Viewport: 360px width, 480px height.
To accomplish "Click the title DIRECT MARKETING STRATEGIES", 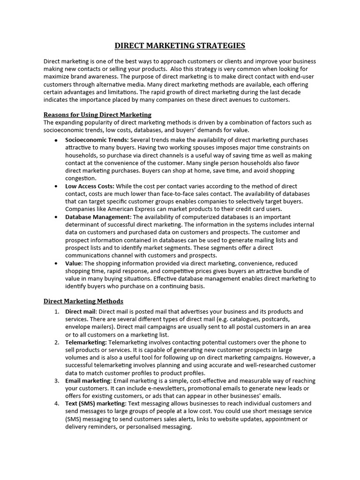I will click(180, 45).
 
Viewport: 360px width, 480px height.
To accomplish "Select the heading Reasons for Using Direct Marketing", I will click(97, 115).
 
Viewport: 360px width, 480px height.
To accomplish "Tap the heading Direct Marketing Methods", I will click(83, 301).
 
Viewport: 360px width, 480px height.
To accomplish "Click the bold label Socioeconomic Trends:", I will click(97, 140).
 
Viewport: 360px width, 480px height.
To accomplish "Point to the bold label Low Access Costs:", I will click(90, 186).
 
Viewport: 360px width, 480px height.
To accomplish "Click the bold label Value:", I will click(74, 263).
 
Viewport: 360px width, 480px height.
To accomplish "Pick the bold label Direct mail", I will click(81, 312).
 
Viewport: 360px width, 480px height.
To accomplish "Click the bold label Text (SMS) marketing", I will click(95, 404).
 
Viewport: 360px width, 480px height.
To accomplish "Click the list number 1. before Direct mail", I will click(56, 312).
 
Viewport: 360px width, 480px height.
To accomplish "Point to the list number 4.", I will click(56, 404).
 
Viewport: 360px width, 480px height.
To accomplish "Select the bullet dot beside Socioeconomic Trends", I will click(56, 141).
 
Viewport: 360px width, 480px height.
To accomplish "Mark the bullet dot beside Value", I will click(56, 264).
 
